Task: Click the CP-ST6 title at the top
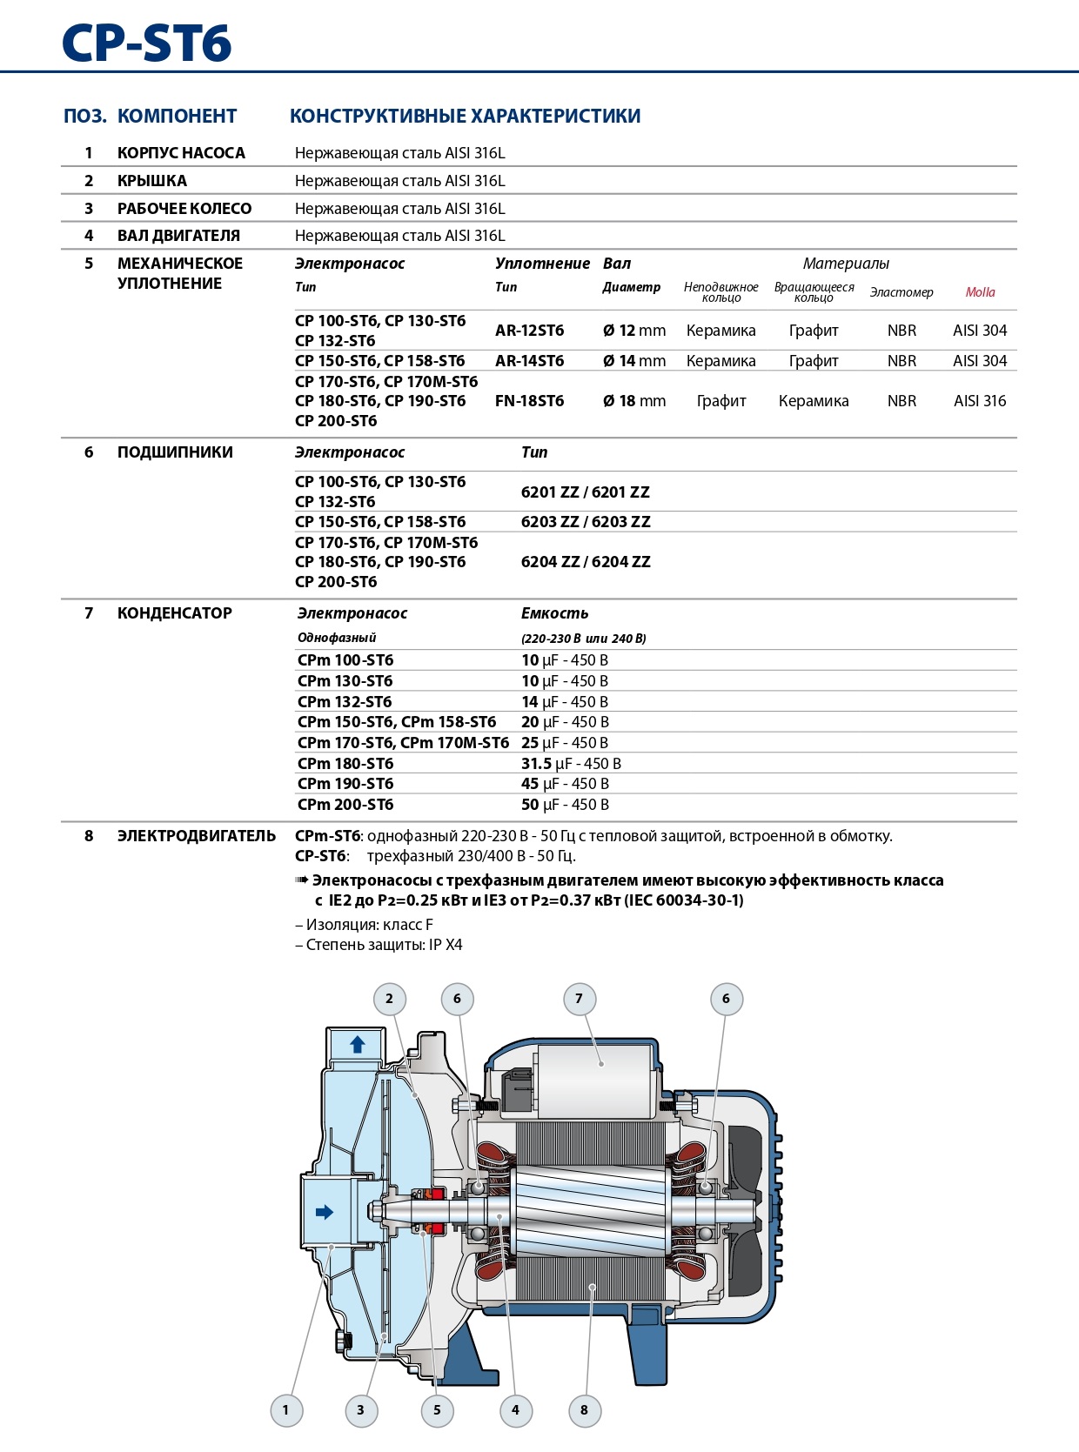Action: [147, 43]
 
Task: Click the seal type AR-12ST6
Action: [529, 331]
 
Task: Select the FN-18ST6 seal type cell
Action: [529, 401]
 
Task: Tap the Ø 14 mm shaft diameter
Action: [633, 361]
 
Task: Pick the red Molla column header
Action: [980, 292]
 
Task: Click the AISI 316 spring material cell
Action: [980, 401]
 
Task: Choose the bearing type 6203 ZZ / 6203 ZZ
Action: [586, 522]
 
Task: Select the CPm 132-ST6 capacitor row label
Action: [345, 702]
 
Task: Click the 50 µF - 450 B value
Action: [565, 805]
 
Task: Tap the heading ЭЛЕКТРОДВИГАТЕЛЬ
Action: [197, 836]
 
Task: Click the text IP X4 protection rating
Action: [446, 945]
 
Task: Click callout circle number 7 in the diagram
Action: [579, 999]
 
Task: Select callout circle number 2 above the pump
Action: [389, 999]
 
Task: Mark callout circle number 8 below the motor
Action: [584, 1410]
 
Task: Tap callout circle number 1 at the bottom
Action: [285, 1410]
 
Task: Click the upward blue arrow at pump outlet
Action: [357, 1045]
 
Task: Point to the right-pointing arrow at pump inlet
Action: [325, 1212]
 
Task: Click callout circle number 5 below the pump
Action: [437, 1410]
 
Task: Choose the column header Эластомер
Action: [901, 292]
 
